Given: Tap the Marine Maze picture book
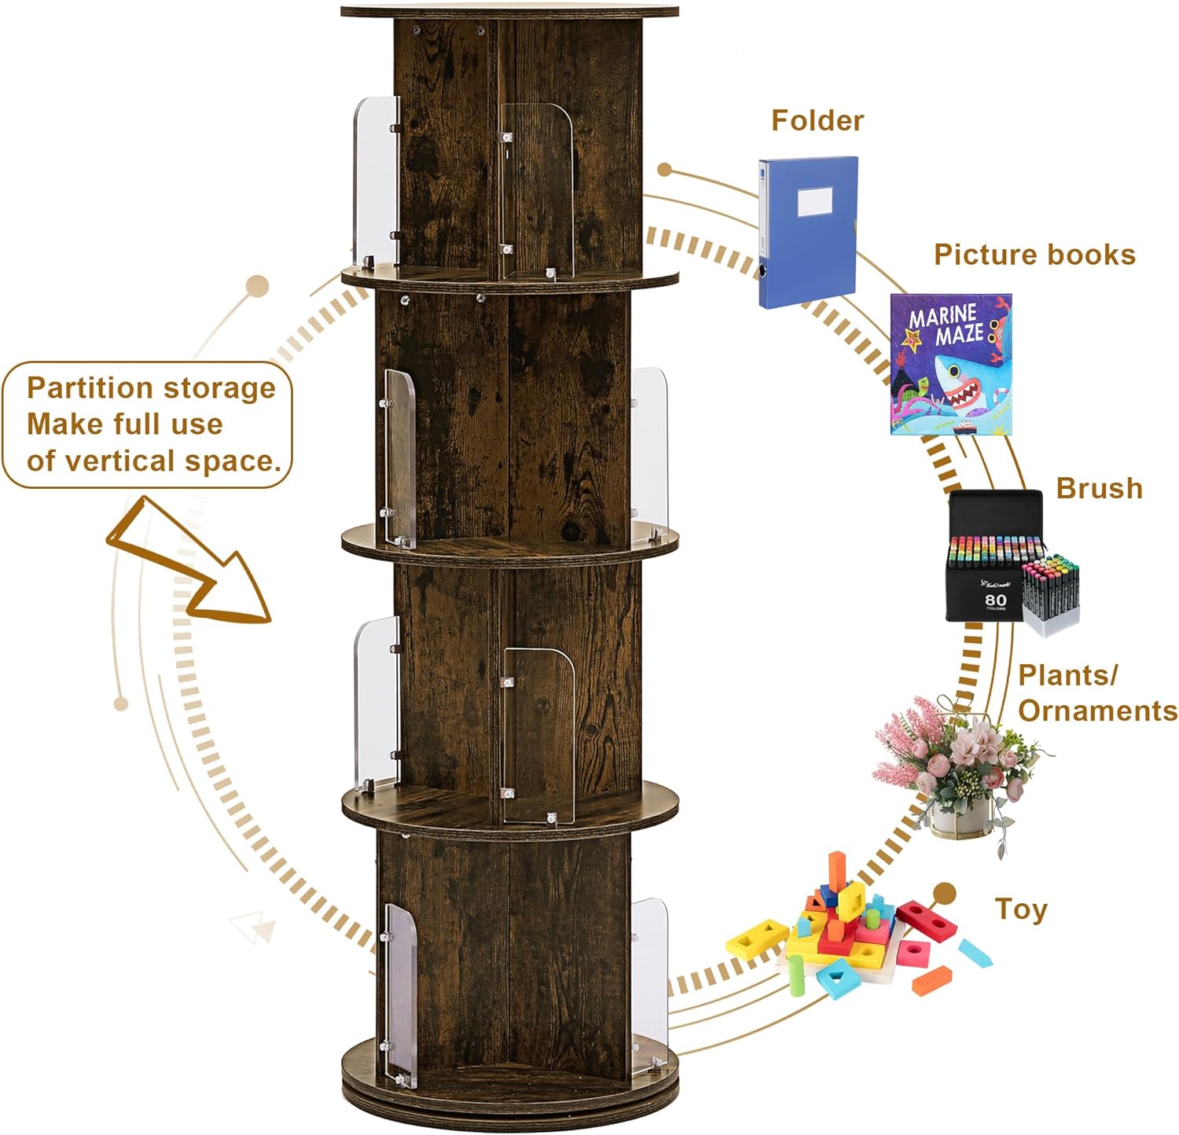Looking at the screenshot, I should pos(950,365).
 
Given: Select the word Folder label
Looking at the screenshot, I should pos(817,120).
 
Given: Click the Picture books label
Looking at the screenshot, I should pos(1034,255).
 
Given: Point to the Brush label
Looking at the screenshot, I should pos(1098,488).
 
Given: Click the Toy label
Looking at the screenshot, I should pos(1021,909).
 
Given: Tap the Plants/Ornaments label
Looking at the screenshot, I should pos(1096,692).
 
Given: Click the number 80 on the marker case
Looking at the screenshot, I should pos(995,600).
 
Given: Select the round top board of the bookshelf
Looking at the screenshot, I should pos(509,12).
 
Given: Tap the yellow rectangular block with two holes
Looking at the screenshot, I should pos(756,937).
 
